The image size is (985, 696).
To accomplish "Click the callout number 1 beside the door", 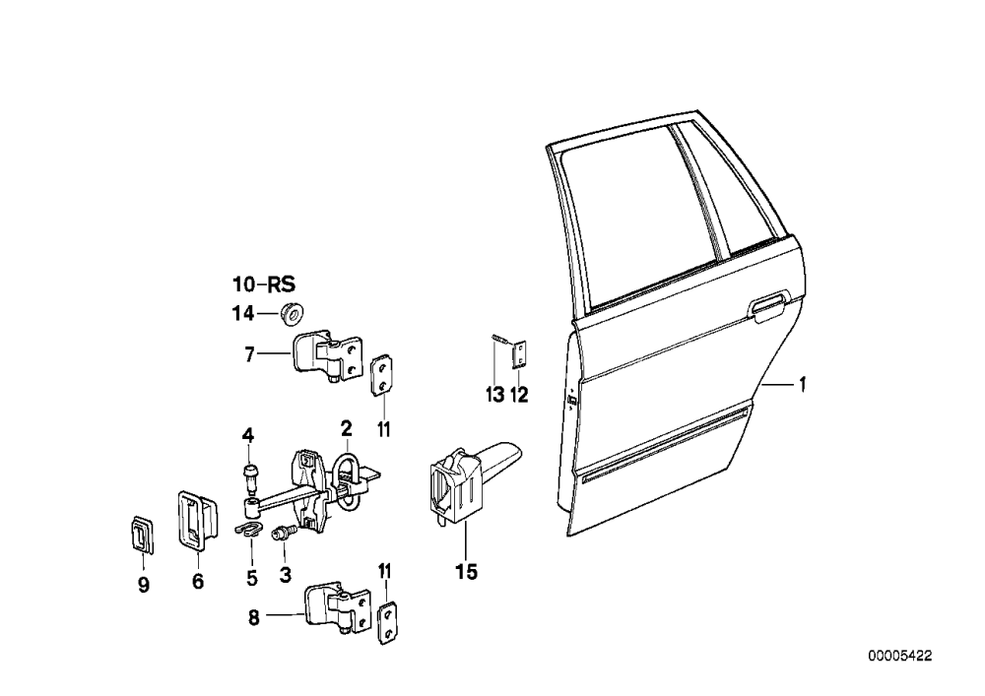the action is [802, 384].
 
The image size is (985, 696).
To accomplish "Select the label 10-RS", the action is [264, 285].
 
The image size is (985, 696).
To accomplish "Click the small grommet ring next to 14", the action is [292, 313].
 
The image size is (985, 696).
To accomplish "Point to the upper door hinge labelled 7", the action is [327, 354].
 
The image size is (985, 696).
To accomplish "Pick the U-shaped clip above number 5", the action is [249, 531].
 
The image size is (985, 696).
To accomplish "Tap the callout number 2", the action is [346, 429].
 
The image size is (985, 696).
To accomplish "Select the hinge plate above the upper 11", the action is [380, 376].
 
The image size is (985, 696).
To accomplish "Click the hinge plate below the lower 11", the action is [387, 623].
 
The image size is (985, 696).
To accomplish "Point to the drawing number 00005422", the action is [900, 657].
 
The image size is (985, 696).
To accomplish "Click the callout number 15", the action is [467, 572].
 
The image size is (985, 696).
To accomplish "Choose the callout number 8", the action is [254, 618].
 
